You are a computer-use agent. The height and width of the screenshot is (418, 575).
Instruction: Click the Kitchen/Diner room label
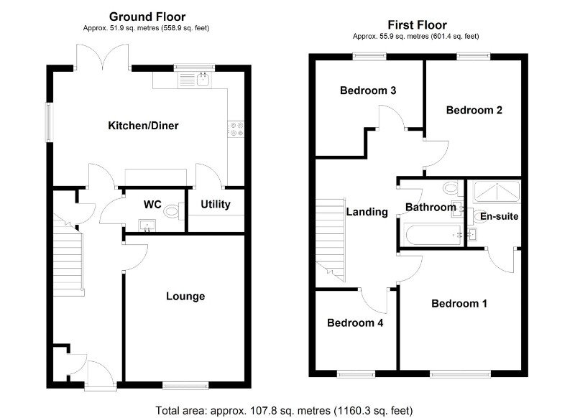143,126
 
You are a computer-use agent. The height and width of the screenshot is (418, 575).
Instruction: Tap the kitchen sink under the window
194,80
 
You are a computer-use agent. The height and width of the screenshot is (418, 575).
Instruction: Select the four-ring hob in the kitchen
236,129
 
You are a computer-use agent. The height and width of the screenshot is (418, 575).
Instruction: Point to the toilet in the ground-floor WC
174,211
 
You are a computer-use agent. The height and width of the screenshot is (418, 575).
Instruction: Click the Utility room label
215,204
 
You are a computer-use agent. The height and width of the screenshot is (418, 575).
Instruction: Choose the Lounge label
185,296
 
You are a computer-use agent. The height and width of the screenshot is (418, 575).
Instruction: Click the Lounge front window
185,385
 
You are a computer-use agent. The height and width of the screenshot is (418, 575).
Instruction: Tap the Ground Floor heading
147,17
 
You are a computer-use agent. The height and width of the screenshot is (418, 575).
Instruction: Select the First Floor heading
418,25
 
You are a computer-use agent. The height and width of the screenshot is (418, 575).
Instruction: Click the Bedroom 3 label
368,90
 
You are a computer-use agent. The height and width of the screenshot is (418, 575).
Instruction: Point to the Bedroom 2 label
474,110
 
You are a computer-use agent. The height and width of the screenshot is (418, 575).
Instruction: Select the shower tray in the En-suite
497,192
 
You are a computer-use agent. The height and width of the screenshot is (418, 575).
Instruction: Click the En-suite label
499,216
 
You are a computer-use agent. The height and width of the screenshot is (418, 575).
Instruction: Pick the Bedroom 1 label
459,303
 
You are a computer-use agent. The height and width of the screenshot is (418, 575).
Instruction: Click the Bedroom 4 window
356,374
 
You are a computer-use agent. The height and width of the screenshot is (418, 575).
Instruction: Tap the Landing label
367,212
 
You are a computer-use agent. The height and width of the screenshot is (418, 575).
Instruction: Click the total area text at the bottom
284,410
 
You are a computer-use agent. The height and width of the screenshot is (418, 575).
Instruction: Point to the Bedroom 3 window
369,56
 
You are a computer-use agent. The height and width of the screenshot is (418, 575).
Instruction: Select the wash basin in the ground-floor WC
147,226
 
